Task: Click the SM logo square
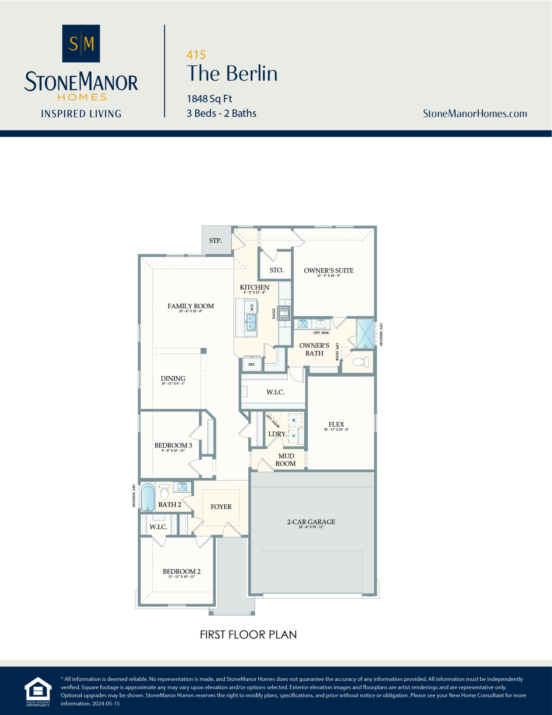[x=81, y=44]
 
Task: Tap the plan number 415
[x=196, y=55]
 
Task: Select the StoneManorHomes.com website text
[x=475, y=114]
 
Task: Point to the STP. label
[x=215, y=241]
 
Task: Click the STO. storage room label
[x=276, y=270]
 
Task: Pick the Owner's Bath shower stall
[x=365, y=333]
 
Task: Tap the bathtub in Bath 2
[x=148, y=497]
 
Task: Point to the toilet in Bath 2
[x=164, y=492]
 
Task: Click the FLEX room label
[x=336, y=424]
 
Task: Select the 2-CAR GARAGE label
[x=311, y=522]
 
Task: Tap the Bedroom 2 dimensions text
[x=181, y=576]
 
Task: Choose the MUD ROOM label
[x=286, y=460]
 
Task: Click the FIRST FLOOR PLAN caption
[x=248, y=635]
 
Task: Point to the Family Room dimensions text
[x=190, y=311]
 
